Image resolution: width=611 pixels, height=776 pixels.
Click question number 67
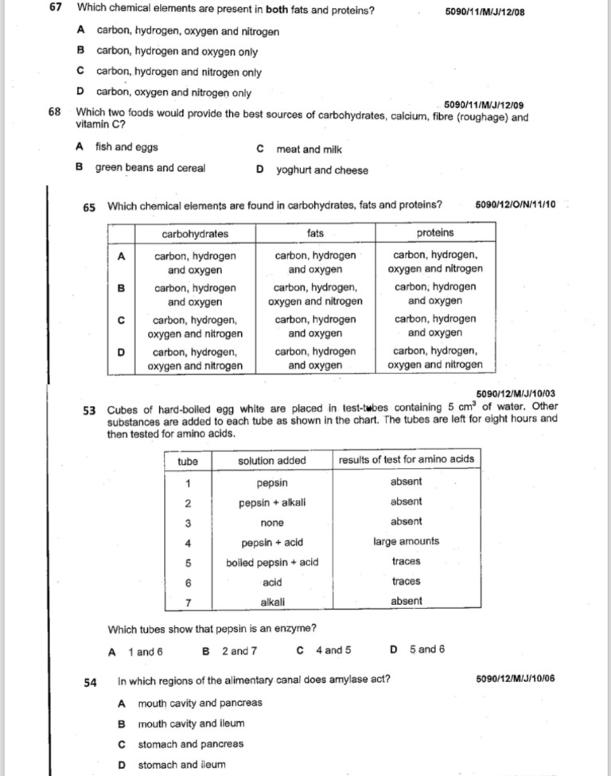point(55,10)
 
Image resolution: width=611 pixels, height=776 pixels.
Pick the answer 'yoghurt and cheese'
point(321,170)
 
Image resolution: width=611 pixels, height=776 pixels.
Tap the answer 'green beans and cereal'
point(150,168)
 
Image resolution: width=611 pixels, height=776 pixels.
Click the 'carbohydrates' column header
point(195,233)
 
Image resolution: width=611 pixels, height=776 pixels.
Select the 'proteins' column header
point(435,233)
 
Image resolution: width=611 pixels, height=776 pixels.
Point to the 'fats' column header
point(315,233)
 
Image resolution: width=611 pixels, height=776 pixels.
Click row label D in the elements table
point(121,352)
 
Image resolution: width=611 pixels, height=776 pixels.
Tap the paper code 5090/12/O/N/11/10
point(515,205)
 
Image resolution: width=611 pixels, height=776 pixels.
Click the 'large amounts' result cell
point(406,542)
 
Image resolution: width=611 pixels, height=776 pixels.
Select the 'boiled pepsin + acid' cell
point(272,562)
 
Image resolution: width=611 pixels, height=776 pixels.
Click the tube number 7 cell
point(188,602)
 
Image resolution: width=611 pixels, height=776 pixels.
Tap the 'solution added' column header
point(271,460)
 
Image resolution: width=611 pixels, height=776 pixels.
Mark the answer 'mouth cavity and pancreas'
point(200,703)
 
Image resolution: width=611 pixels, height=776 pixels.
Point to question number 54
point(90,681)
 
